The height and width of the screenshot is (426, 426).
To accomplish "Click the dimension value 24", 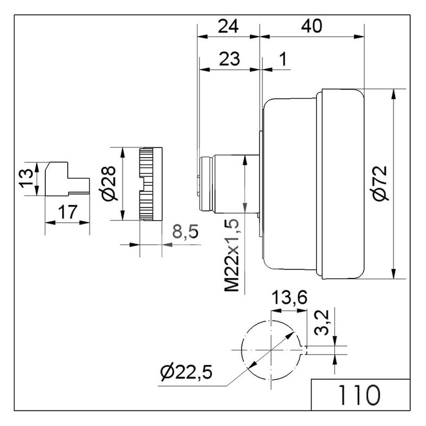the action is tap(228, 26).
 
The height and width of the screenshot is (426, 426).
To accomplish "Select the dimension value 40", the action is tap(312, 26).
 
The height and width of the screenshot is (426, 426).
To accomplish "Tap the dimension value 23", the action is tap(230, 59).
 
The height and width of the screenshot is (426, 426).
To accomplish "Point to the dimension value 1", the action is tap(283, 59).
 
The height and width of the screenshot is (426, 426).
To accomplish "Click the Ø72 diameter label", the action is tap(380, 183).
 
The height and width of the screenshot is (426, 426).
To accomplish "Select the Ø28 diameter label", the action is tap(108, 183).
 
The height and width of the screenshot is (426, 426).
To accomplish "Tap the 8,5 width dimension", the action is tap(185, 232).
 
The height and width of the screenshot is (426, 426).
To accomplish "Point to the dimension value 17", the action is tap(68, 212).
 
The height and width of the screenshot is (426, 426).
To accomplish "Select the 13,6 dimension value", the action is tap(289, 297).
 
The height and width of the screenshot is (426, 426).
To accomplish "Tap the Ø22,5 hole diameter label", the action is tap(186, 372).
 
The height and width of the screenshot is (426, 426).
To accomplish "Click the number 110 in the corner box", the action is tap(359, 395).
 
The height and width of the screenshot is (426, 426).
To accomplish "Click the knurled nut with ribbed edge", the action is tap(151, 184).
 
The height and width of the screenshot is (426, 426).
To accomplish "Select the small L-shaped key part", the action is tap(67, 178).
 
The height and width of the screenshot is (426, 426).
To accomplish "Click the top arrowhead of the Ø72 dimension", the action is tap(393, 95).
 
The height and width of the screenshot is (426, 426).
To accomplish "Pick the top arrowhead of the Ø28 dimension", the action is tap(122, 153).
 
